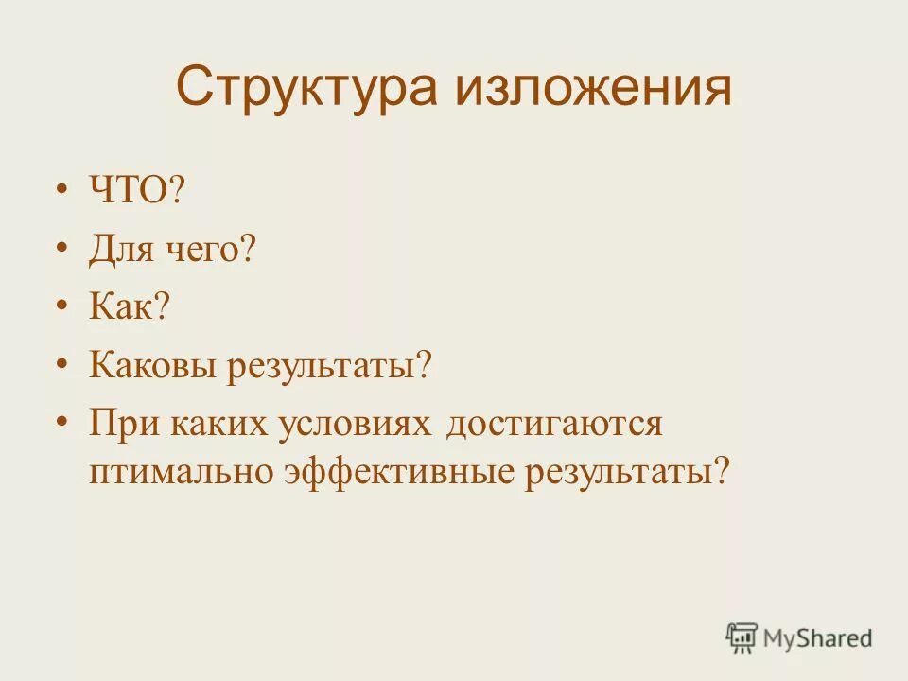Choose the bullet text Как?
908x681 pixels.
point(129,307)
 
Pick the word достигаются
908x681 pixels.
point(555,423)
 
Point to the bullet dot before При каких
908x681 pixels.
point(62,421)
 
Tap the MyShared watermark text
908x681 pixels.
point(817,638)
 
